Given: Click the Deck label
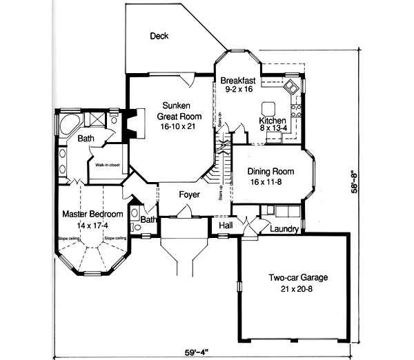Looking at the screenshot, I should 159,36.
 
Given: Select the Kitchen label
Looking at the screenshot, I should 272,121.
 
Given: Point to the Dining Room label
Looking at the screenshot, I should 270,172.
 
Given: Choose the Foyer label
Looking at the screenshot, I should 189,194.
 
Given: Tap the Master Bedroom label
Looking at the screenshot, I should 92,214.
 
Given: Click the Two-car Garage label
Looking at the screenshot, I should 298,278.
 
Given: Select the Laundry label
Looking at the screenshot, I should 284,228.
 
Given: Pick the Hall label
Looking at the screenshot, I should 225,226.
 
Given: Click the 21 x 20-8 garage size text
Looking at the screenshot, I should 298,289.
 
